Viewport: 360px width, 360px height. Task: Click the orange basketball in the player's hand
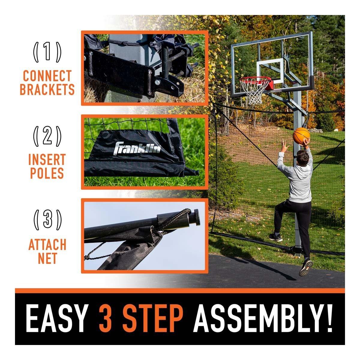(301, 136)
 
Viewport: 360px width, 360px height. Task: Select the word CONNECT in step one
(47, 76)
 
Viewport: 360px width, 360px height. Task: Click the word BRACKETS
(47, 89)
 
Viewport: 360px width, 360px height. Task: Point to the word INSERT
(47, 159)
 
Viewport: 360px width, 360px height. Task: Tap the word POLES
(47, 173)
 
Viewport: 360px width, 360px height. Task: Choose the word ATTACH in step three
(47, 244)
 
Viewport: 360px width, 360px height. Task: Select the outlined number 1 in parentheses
(47, 52)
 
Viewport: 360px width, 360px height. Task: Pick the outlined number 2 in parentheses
(47, 136)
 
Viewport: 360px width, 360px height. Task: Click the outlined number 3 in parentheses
(47, 220)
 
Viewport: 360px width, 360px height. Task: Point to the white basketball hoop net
(254, 92)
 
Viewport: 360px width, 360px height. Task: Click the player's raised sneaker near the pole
(275, 237)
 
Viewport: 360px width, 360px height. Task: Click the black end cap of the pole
(197, 217)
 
